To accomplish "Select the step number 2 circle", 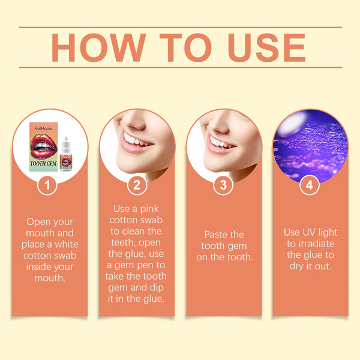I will (137, 185).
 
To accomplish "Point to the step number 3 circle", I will (223, 185).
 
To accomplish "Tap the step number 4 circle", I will (310, 185).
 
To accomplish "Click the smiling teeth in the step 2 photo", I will (136, 140).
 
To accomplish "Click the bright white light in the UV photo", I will (290, 124).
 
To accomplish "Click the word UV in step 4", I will (308, 232).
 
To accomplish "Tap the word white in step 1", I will (67, 244).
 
